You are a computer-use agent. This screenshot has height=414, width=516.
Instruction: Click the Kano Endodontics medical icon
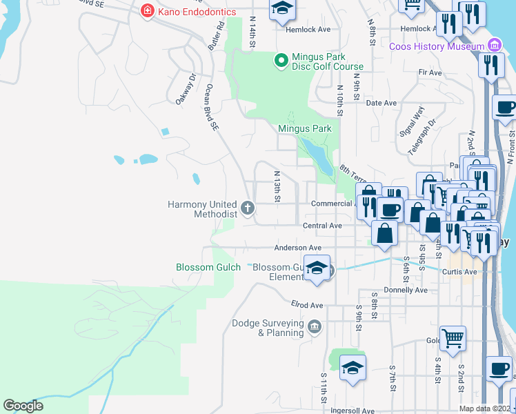(147, 11)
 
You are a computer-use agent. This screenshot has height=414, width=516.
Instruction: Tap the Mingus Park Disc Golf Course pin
(281, 61)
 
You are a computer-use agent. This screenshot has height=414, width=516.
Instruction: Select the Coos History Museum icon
(493, 46)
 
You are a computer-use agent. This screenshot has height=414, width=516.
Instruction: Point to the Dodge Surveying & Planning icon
(315, 326)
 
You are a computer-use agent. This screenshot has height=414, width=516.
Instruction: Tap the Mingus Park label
(304, 128)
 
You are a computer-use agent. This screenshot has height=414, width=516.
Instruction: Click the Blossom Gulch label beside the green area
(208, 267)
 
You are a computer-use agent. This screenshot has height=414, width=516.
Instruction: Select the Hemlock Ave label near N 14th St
(295, 30)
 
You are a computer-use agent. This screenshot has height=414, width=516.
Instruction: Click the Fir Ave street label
(430, 72)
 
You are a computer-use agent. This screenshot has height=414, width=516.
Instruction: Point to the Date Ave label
(381, 103)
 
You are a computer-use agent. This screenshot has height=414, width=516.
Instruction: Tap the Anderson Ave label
(298, 248)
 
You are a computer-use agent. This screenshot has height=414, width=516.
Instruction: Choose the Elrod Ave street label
(307, 305)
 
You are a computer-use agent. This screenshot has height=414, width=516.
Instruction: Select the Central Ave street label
(323, 226)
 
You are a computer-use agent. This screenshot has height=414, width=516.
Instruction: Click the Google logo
(23, 406)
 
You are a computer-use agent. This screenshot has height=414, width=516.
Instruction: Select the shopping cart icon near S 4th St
(453, 337)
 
